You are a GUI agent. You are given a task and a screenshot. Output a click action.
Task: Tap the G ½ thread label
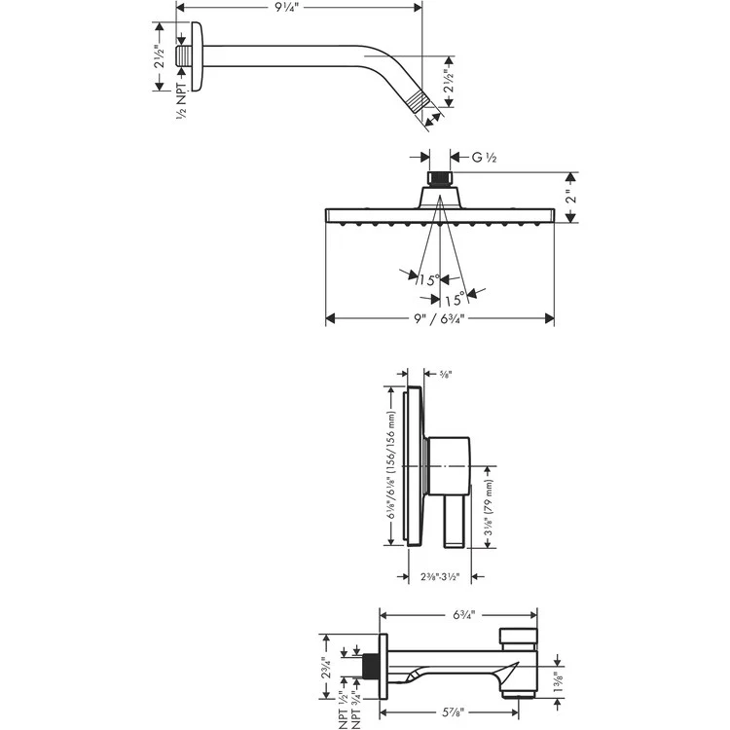(x=484, y=157)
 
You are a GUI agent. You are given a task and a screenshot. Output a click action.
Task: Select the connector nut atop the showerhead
(x=440, y=180)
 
